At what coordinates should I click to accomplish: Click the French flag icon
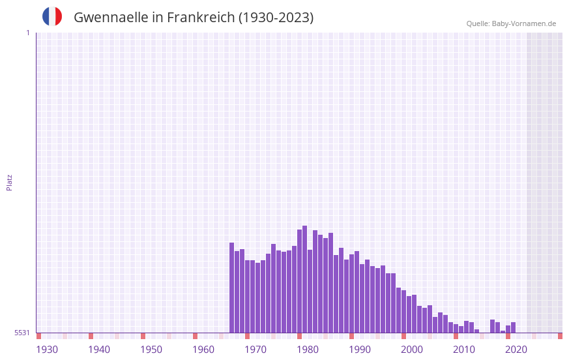coord(52,16)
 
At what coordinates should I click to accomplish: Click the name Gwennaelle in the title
coord(110,18)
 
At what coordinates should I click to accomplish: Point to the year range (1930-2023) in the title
coord(276,18)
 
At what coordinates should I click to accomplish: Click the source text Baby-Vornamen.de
coord(523,23)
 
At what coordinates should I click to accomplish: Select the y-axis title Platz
coord(9,182)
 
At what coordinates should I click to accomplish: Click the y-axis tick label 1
coord(27,33)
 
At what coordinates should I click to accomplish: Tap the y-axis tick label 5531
coord(22,333)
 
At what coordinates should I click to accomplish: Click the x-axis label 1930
coord(47,350)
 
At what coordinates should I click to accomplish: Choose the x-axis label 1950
coord(151,350)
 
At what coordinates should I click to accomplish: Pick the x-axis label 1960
coord(203,350)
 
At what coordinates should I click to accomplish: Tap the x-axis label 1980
coord(308,350)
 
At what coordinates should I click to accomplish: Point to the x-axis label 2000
coord(412,350)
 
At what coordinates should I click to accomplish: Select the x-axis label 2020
coord(516,350)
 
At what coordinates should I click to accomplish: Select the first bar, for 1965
coord(231,288)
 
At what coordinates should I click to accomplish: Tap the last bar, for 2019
coord(513,327)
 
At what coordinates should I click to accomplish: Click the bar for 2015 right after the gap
coord(492,326)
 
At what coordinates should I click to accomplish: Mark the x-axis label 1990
coord(360,350)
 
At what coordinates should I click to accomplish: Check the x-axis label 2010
coord(464,350)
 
